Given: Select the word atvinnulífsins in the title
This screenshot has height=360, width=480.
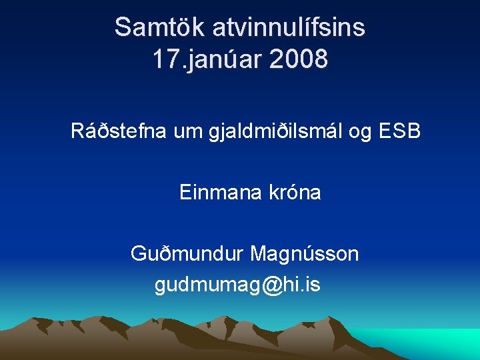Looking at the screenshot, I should tap(289, 28).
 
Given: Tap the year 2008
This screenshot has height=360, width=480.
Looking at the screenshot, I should tap(299, 59).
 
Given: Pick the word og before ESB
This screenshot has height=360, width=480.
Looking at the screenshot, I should tap(360, 131).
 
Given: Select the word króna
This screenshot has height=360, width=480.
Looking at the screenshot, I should tap(295, 193).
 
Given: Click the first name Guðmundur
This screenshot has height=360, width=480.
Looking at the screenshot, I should tap(187, 254).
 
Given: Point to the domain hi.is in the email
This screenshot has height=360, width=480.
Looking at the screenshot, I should tap(301, 285).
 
